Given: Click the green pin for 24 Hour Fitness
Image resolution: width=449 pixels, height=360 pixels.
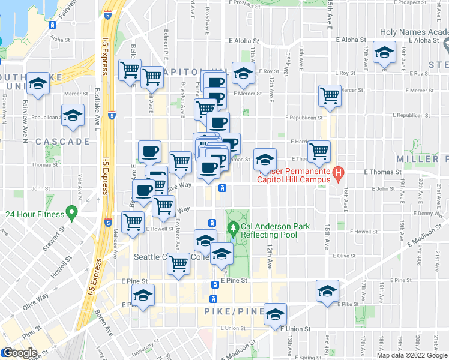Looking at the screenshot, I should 71,212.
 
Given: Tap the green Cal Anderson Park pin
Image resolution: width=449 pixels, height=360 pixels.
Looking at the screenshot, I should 234,228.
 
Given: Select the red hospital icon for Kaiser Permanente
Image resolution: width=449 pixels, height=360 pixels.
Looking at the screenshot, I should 338,175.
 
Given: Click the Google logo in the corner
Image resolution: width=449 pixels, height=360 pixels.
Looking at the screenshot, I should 19,353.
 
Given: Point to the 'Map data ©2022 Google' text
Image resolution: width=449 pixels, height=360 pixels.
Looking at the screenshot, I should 412,355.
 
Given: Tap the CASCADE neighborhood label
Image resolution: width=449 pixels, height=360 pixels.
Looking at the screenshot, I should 62,142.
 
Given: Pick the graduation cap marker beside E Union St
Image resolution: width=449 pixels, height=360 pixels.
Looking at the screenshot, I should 275,314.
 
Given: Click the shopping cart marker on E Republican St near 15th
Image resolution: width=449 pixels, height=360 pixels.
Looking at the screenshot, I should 330,95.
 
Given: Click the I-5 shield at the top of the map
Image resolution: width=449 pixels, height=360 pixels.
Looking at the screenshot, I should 107,14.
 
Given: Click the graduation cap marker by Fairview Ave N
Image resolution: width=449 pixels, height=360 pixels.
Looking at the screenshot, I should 38,85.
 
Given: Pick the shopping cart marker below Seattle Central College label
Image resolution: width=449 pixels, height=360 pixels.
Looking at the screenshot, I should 178,263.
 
